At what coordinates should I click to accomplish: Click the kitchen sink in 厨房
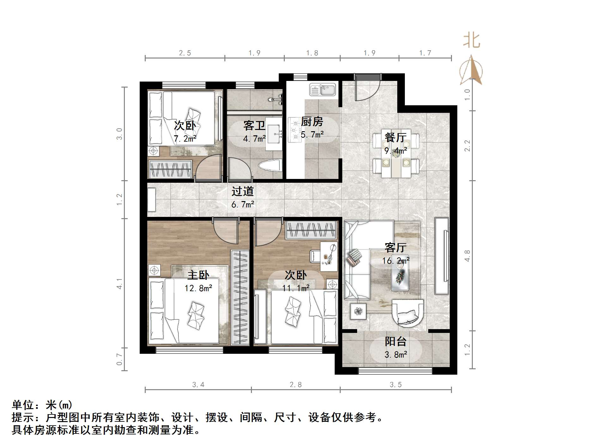[322, 89]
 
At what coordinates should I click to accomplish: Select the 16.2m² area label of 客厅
[396, 261]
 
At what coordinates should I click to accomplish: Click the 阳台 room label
[395, 341]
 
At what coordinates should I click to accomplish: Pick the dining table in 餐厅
[396, 153]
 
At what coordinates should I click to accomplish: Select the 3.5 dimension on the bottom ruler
[395, 385]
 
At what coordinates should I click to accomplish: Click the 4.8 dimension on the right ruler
[467, 255]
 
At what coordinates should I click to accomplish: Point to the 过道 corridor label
[242, 191]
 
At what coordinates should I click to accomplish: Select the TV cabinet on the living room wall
[442, 256]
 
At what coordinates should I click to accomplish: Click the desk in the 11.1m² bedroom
[329, 256]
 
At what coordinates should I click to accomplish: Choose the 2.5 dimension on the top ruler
[185, 53]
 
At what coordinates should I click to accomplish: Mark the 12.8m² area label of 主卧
[198, 288]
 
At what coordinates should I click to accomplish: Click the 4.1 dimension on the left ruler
[119, 283]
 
